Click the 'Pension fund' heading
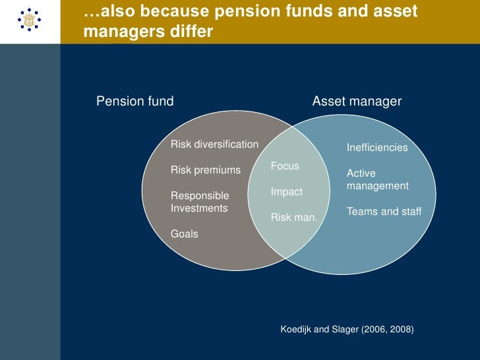tap(135, 102)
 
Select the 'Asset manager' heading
tap(356, 102)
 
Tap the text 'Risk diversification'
tap(214, 144)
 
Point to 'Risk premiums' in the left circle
tap(206, 170)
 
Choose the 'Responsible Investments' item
tap(200, 202)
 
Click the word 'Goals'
tap(184, 233)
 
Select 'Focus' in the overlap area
tap(285, 166)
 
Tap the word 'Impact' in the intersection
tap(286, 192)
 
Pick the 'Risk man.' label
tap(294, 218)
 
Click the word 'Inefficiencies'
tap(377, 148)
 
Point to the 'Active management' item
tap(378, 179)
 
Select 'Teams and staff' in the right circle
tap(384, 212)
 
